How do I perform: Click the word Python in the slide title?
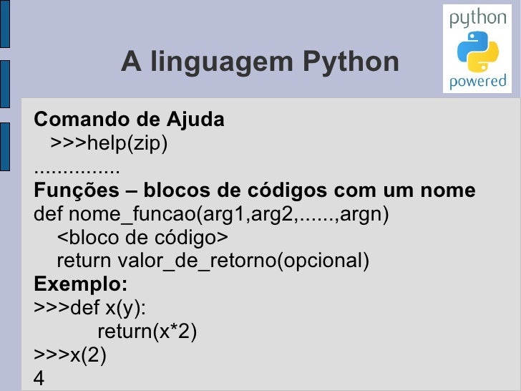tap(351, 62)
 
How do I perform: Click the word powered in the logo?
tap(477, 81)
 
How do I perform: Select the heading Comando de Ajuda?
tap(129, 119)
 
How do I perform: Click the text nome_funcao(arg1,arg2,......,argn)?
tap(229, 214)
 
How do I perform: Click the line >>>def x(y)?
tap(90, 308)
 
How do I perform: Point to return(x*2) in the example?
tap(147, 332)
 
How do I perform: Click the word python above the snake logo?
tap(477, 19)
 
